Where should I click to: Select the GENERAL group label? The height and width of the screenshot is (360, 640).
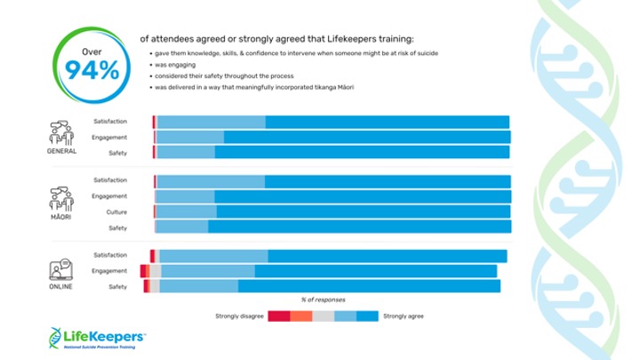pos(61,151)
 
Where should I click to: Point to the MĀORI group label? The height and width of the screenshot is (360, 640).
pos(61,216)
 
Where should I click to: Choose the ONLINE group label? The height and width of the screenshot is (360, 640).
pos(61,286)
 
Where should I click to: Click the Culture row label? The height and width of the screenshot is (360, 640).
pos(116,212)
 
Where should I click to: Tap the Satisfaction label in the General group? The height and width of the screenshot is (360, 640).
pos(110,122)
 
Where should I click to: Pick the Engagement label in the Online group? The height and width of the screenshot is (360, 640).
pos(110,270)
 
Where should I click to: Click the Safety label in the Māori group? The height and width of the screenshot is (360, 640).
pos(117,228)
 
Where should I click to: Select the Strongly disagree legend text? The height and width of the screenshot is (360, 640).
pos(239,316)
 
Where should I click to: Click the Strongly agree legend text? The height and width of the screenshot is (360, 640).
pos(404,316)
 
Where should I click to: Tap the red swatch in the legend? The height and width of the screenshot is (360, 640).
pos(279,316)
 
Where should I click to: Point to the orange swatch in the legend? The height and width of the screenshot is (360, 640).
pos(301,316)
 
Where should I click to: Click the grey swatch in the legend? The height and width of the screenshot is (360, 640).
pos(324,316)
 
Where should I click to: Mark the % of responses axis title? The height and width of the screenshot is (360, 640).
pos(323,300)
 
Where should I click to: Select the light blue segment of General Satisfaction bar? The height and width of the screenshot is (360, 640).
pos(212,122)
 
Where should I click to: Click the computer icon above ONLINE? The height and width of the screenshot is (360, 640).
pos(61,267)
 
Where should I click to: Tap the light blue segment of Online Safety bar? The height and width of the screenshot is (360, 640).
pos(198,286)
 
